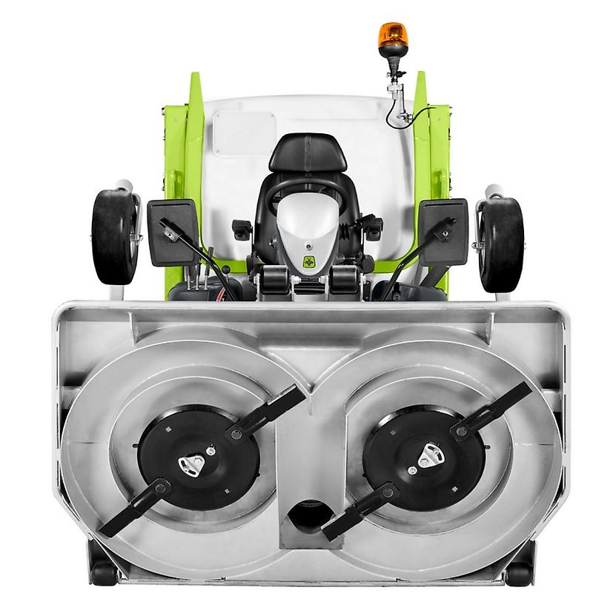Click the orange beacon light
pyautogui.click(x=393, y=35)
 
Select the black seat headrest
pyautogui.click(x=308, y=152)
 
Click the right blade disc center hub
pyautogui.click(x=428, y=455)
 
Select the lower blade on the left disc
pyautogui.click(x=133, y=508)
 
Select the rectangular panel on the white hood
pyautogui.click(x=244, y=133)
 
